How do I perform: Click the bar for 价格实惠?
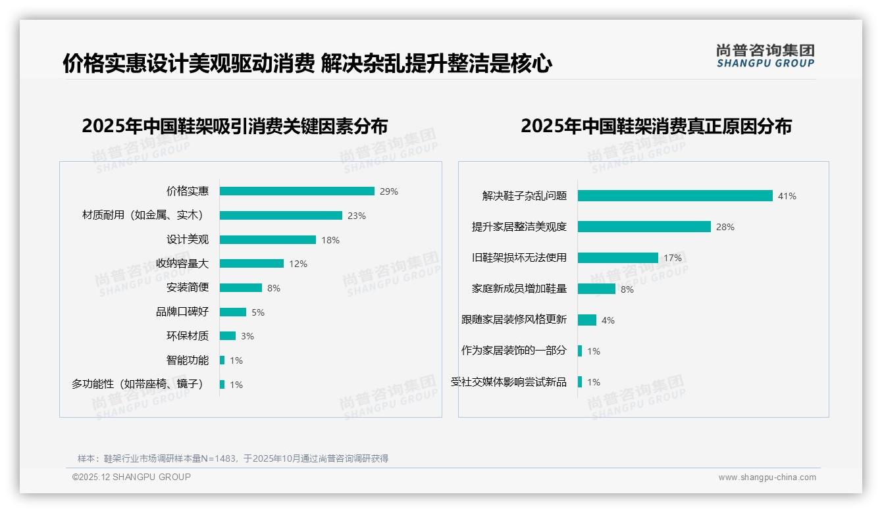coord(297,191)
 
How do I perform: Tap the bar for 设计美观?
coord(268,240)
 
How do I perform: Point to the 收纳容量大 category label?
coord(182,264)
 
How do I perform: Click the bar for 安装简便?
coord(241,288)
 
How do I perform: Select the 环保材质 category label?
coord(188,336)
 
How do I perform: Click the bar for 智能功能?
coord(222,360)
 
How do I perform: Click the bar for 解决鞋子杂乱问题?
coord(675,196)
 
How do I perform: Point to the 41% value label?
coord(787,196)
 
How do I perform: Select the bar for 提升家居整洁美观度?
coord(644,227)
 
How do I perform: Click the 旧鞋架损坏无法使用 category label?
coord(519,258)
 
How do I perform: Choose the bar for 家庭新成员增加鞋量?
coord(596,289)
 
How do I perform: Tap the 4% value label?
coord(608,320)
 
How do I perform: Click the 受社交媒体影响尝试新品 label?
coord(509,382)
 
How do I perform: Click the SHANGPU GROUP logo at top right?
coord(765,56)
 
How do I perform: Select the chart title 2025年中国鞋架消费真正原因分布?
coord(656,126)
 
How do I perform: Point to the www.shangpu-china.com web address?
coord(767,477)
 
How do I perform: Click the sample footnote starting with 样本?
coord(233,458)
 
